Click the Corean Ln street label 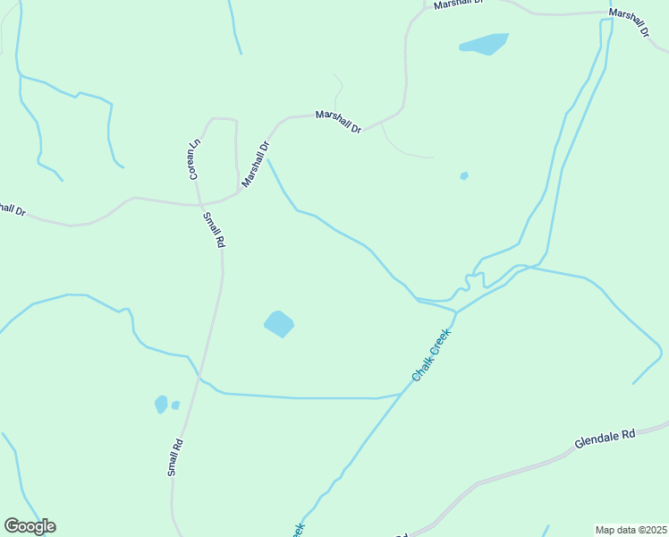click(x=193, y=159)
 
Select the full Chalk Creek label click(x=432, y=355)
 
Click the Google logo click(x=30, y=526)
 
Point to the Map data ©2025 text click(x=631, y=530)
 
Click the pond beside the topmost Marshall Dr click(x=484, y=43)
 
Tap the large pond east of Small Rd click(x=279, y=323)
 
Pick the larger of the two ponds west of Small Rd click(x=161, y=405)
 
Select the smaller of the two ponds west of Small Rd click(x=175, y=405)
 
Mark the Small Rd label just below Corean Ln click(x=214, y=230)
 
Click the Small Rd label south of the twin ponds click(x=175, y=456)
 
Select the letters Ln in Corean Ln click(x=191, y=146)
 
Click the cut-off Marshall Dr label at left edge click(x=11, y=209)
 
